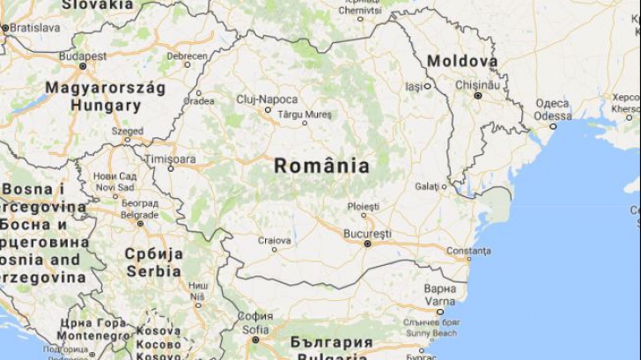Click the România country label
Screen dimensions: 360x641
click(x=321, y=165)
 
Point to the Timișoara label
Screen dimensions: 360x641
click(x=171, y=158)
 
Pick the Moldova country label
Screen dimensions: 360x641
click(x=462, y=61)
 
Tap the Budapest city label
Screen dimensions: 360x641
click(x=82, y=55)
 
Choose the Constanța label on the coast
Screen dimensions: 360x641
click(x=468, y=250)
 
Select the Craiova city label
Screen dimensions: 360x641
click(x=275, y=240)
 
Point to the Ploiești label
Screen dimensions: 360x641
click(x=363, y=205)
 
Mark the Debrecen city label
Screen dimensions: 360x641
click(x=188, y=55)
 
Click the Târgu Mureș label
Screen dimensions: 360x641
click(x=304, y=114)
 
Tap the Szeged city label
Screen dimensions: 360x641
click(x=128, y=131)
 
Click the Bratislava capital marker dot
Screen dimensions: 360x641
click(x=4, y=28)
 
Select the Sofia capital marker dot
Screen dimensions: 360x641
click(x=255, y=339)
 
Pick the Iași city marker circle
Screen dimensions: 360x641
click(x=428, y=86)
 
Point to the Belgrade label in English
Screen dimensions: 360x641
click(x=139, y=214)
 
